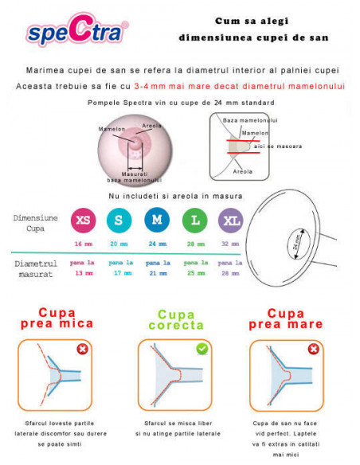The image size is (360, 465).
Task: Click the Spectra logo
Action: [77, 29]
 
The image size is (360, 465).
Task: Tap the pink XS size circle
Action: [84, 221]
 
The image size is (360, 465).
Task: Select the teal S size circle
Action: [119, 221]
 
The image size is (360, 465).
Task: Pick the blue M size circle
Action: [157, 220]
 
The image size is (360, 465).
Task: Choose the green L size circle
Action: [195, 221]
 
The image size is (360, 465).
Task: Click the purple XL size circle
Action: [231, 221]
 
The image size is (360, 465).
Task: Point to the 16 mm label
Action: [84, 244]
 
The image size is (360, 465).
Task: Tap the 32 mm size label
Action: [230, 244]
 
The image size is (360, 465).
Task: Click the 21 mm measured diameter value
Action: [158, 273]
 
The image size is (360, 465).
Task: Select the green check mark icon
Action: [202, 349]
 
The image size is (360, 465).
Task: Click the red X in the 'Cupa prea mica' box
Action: [83, 349]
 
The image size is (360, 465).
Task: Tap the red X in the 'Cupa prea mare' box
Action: [314, 349]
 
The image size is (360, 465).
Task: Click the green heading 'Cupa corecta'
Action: [176, 320]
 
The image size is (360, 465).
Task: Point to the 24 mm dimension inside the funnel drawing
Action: [297, 242]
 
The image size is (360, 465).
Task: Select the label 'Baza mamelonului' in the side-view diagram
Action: [250, 120]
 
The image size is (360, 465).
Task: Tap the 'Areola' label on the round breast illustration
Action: [151, 126]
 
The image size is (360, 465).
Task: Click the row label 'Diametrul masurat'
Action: [36, 269]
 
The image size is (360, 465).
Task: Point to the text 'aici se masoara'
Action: [278, 147]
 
